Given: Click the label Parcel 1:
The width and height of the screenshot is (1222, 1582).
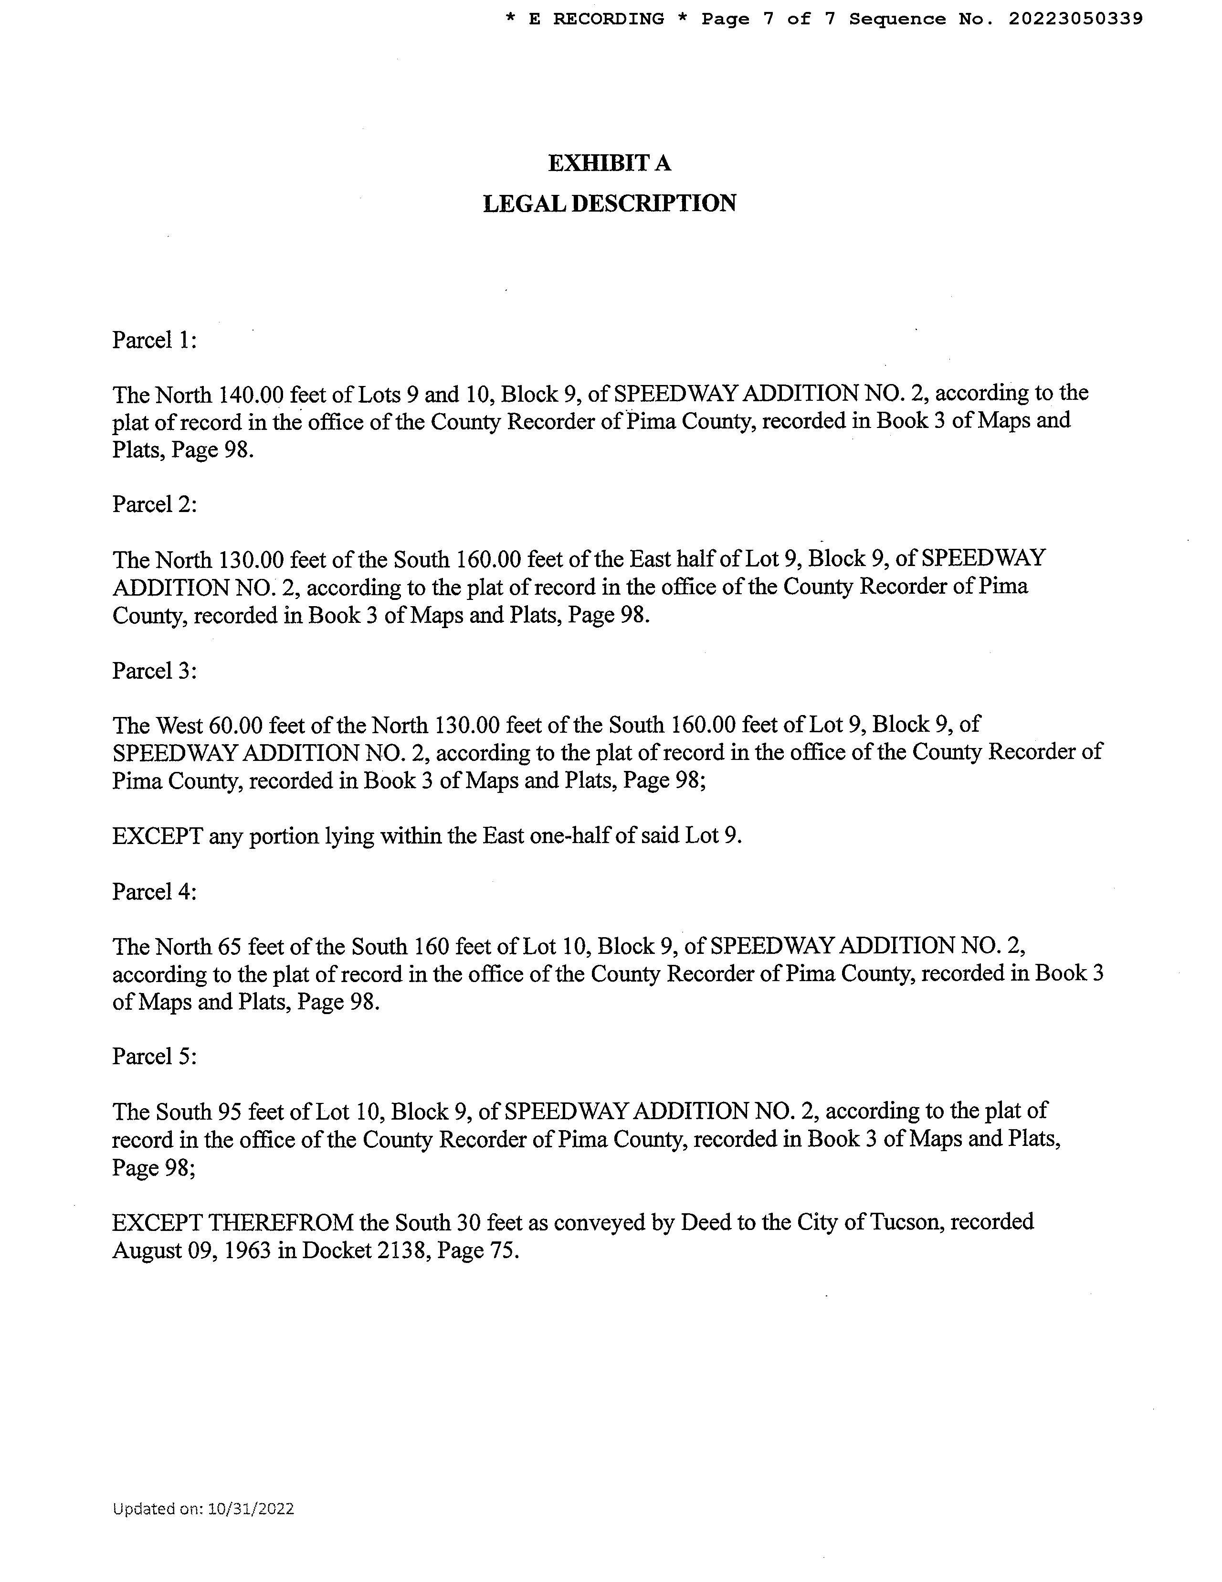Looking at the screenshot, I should tap(154, 340).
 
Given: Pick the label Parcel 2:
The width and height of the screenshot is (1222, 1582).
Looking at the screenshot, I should tap(154, 504).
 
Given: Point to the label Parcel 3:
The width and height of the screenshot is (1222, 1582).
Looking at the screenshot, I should tap(154, 671).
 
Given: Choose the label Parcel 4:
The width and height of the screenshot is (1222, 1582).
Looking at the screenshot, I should tap(154, 892).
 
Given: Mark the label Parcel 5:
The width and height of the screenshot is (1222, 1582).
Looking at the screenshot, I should tap(154, 1057).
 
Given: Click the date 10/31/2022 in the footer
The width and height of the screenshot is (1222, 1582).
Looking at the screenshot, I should tap(251, 1509).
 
